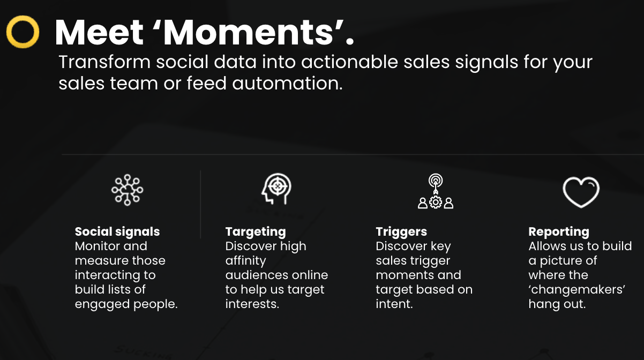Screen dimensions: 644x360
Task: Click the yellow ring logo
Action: point(9,32)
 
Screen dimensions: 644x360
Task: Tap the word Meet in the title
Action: point(99,33)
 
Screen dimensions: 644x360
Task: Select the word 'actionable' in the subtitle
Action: point(349,62)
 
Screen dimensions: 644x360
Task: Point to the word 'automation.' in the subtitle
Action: point(287,84)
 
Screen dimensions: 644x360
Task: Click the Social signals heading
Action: point(117,232)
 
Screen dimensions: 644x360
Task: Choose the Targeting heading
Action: point(256,232)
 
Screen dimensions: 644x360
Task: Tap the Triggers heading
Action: point(401,232)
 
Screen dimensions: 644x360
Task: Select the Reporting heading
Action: point(559,232)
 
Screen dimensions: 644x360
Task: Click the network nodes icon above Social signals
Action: point(127,190)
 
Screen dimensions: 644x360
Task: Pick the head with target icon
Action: point(276,189)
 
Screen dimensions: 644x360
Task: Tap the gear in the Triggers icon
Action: point(436,202)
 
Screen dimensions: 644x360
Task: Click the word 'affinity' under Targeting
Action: point(246,261)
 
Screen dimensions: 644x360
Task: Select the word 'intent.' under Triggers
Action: point(394,304)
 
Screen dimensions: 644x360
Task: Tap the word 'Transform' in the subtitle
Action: point(104,62)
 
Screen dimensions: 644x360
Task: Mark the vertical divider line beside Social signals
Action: point(200,204)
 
